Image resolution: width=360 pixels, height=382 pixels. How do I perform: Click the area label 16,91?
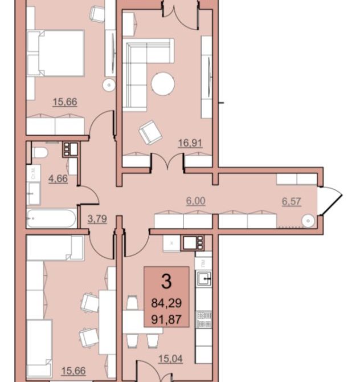point(190,143)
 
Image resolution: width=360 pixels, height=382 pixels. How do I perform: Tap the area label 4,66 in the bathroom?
point(58,178)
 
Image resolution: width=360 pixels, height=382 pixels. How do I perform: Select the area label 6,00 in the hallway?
point(195,201)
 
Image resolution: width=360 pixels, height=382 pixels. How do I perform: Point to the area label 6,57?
point(291,201)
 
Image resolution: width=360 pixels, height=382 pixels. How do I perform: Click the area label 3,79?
point(97,219)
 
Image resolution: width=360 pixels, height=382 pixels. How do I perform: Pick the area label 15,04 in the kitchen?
point(170,359)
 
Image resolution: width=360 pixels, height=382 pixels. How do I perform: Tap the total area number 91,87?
point(166,319)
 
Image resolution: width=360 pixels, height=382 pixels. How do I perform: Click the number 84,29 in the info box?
point(166,303)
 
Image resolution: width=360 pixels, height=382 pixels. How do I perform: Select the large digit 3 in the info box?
point(166,282)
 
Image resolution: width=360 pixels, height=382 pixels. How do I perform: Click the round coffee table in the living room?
point(162,84)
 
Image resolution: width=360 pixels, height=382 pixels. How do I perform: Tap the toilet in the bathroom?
point(40,153)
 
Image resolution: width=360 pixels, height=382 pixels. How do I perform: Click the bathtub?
point(51,218)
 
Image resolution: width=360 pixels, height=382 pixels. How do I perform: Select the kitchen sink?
point(204,278)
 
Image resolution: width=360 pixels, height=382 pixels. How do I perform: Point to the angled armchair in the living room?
point(150,133)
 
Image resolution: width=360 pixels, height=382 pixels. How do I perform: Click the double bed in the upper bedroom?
point(55,53)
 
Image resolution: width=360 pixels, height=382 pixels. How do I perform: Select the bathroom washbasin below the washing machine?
point(34,194)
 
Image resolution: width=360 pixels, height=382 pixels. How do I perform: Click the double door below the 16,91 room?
point(167,161)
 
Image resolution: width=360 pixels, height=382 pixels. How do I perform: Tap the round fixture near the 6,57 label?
point(308,221)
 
